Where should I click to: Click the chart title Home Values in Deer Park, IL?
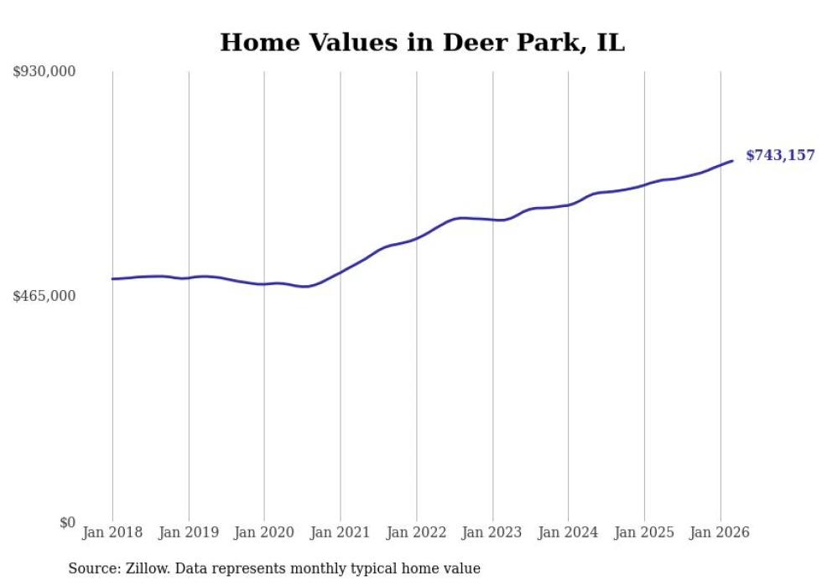(422, 43)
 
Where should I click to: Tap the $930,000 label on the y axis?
(44, 72)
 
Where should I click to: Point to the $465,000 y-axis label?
(44, 296)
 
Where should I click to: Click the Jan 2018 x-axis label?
(112, 532)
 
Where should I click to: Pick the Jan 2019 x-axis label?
(189, 532)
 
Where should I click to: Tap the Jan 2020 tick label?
(264, 532)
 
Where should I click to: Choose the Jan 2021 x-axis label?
(341, 532)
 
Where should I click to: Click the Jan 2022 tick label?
(416, 532)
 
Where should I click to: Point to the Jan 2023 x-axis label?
(492, 532)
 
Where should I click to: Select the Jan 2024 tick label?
(568, 532)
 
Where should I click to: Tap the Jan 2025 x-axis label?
(644, 532)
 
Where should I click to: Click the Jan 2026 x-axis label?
(720, 532)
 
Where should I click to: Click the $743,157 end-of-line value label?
(780, 155)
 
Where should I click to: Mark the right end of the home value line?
(733, 160)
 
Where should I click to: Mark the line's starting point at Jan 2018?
(112, 279)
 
